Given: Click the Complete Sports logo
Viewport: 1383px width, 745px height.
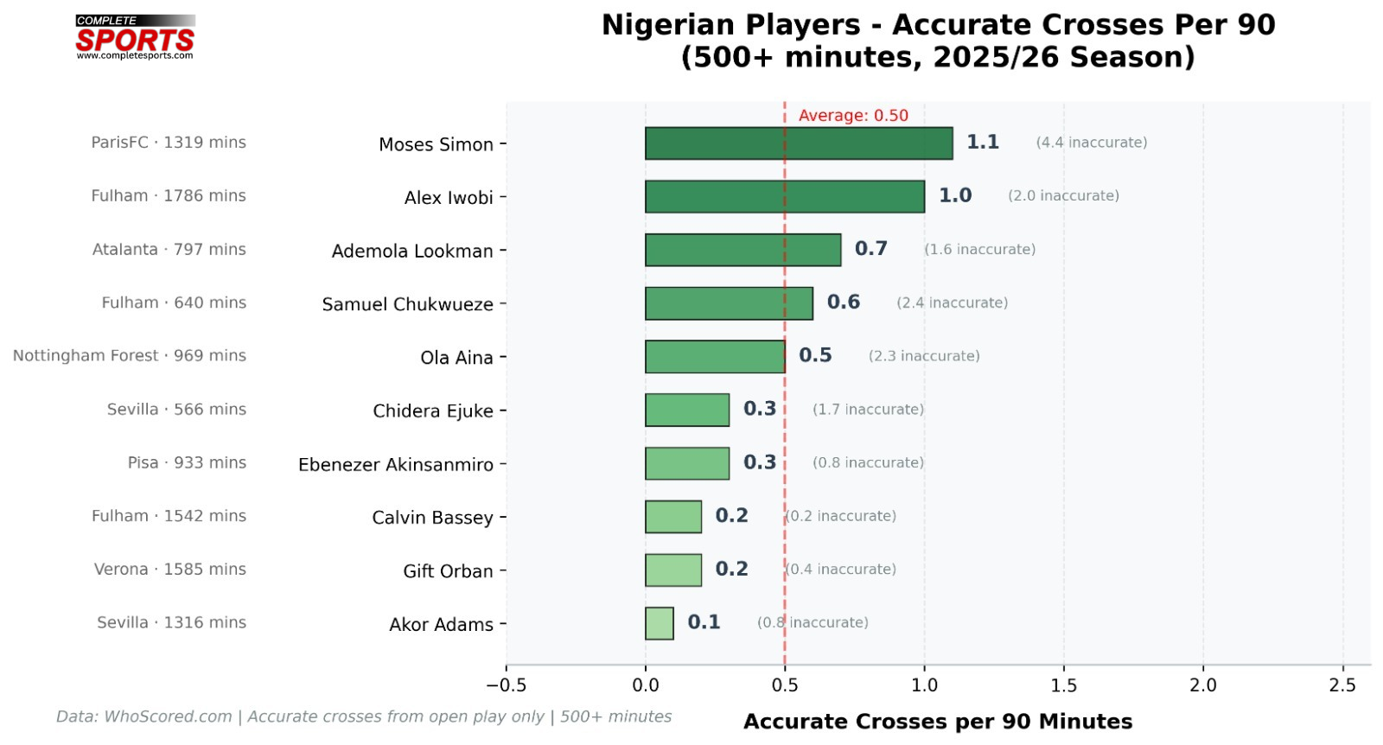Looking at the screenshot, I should [x=135, y=37].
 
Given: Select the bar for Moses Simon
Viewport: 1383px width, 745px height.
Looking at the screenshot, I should [x=799, y=143].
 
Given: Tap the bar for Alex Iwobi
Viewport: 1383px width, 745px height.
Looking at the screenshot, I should [x=785, y=197].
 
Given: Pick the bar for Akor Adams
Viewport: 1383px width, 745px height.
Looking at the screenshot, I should [x=660, y=623].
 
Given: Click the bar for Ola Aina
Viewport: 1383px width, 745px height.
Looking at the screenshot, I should [x=715, y=357].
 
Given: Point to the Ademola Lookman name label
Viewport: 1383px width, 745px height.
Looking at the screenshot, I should [x=412, y=252].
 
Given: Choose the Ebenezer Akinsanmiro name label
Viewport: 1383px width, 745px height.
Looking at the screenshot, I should [x=396, y=465].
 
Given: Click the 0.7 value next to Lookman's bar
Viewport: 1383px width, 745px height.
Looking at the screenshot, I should [x=871, y=249].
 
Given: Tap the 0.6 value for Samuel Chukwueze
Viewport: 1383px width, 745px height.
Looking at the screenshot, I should [x=844, y=302].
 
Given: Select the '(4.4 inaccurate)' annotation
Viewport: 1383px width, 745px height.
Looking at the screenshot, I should [x=1092, y=143].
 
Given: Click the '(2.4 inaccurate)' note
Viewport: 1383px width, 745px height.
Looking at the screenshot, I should [x=952, y=303].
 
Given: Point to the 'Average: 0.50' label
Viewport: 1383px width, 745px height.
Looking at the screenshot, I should [x=853, y=116].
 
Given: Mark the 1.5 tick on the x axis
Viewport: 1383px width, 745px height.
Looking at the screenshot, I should [x=1064, y=685].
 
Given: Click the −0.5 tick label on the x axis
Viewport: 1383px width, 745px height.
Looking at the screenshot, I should [x=506, y=685].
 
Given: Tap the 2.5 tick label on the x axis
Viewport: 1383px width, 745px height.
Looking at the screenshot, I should [x=1342, y=685].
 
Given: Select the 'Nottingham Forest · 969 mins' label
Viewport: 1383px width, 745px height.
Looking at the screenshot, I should [x=130, y=356].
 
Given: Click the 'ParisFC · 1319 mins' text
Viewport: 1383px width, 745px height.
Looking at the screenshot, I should [x=169, y=143].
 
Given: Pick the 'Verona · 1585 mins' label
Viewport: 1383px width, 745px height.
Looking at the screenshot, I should [x=170, y=570].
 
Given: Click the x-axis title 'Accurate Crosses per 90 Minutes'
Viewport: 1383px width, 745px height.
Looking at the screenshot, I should [x=938, y=722].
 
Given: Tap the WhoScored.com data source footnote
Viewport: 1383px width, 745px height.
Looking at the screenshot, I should [x=364, y=716].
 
